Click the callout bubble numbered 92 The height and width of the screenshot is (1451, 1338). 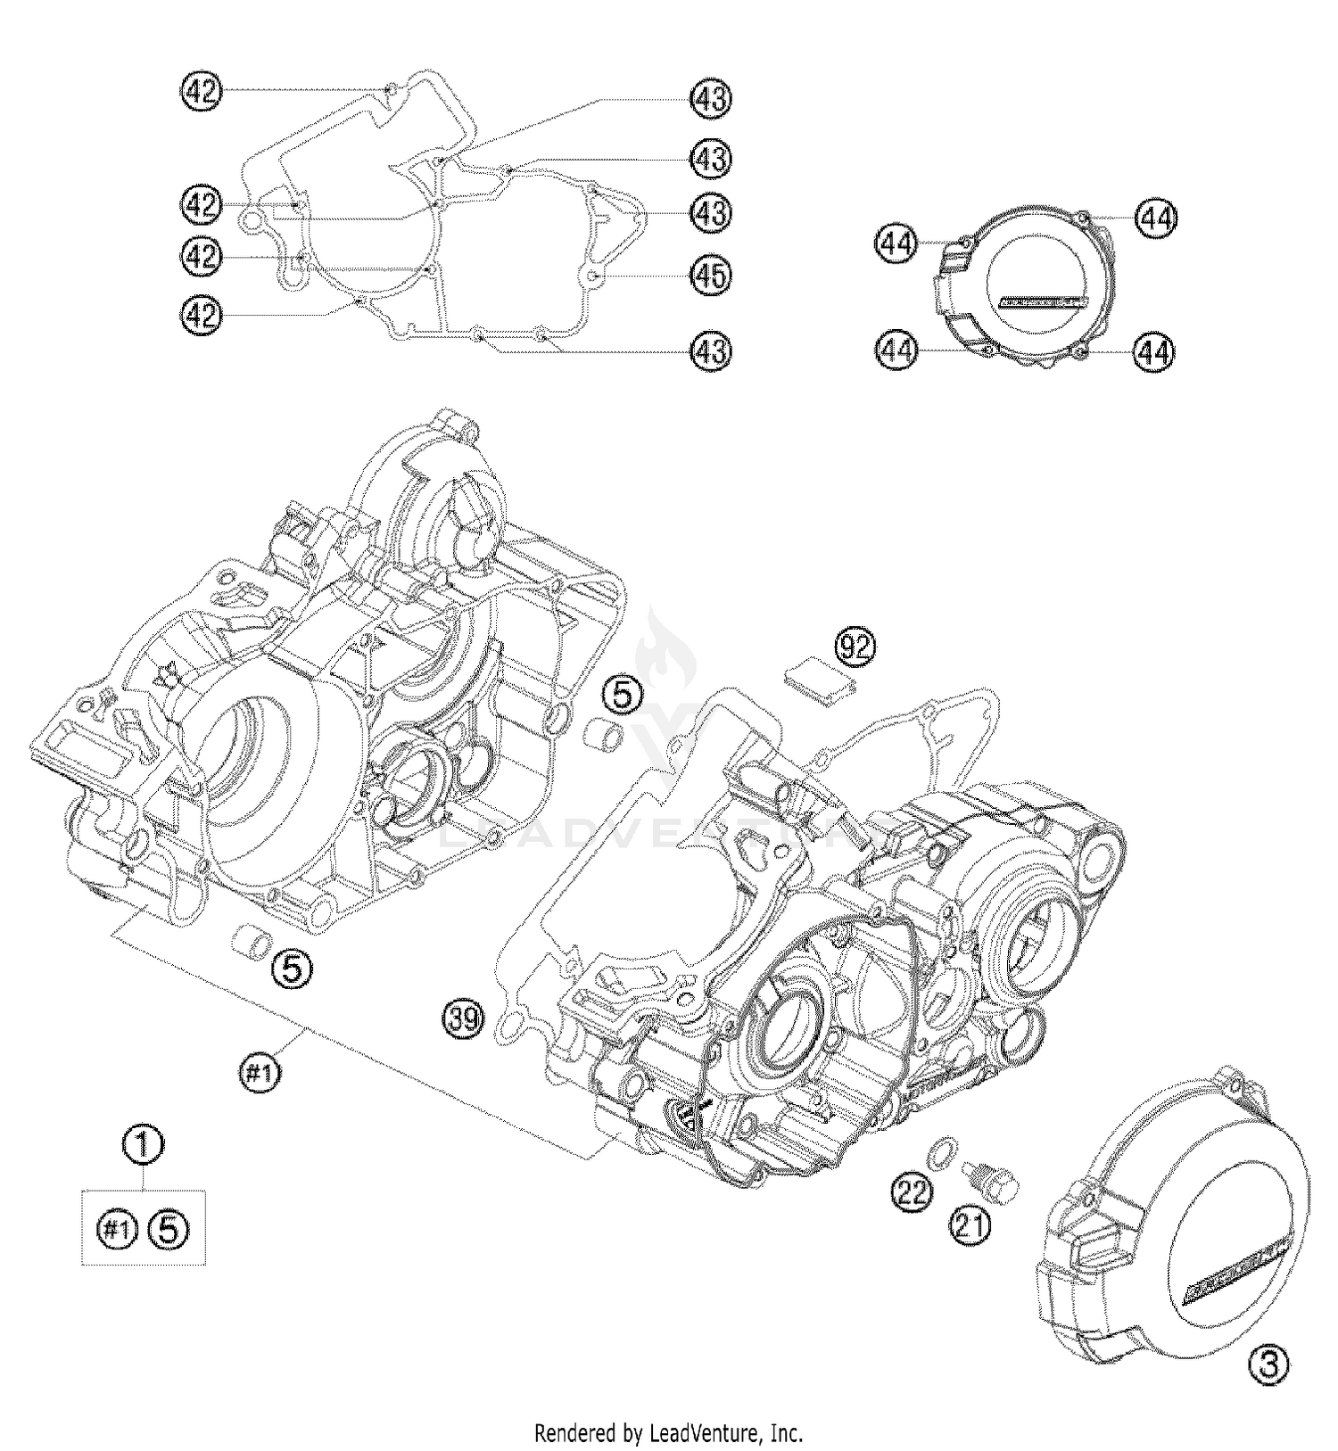(x=855, y=648)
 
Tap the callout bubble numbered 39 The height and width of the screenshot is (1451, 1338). (x=464, y=1018)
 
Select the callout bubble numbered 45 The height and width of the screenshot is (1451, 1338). (x=711, y=276)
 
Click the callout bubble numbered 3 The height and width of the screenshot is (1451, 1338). (x=1269, y=1364)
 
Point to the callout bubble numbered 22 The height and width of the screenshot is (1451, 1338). (x=913, y=1191)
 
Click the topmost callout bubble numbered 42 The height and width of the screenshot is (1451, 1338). (x=201, y=91)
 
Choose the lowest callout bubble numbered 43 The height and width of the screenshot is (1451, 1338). (x=711, y=350)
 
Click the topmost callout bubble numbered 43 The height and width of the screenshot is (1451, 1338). (x=711, y=99)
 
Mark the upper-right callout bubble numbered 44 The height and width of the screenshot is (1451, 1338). (x=1157, y=218)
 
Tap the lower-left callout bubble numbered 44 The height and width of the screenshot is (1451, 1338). (x=896, y=350)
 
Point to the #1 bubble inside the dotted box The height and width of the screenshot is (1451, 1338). (x=115, y=1231)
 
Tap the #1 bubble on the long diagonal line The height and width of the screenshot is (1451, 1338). (x=259, y=1075)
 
